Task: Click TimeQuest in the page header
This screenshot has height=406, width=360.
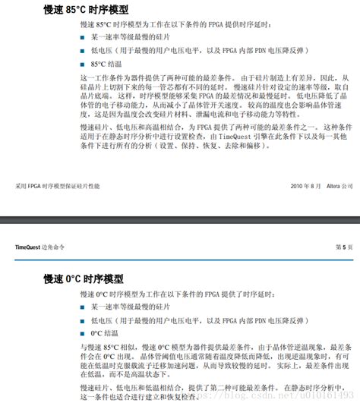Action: coord(30,247)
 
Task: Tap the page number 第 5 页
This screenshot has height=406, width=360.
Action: coord(345,247)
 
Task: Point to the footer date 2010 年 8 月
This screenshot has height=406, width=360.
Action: coord(307,186)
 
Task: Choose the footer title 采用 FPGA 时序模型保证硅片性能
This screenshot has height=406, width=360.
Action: coord(58,186)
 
